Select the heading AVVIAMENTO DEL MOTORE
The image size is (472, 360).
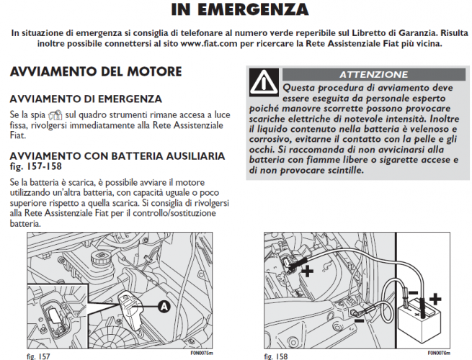coord(96,72)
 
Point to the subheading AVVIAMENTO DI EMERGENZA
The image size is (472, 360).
coord(86,99)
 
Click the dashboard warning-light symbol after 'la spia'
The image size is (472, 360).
coord(54,115)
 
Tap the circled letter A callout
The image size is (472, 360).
coord(164,307)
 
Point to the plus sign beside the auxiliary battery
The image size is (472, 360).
coord(435,297)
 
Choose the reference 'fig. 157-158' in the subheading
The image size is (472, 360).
coord(32,166)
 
